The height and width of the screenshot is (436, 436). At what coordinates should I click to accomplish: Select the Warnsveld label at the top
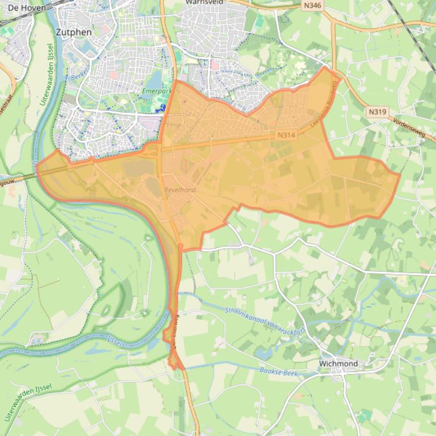[204, 2]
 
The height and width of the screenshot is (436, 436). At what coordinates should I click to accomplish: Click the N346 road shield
[312, 6]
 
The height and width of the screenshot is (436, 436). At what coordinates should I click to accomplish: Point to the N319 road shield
[377, 112]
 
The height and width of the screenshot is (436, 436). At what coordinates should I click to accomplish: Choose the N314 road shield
[287, 135]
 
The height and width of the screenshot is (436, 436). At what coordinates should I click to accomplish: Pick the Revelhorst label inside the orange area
[181, 190]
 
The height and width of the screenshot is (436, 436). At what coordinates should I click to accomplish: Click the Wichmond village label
[338, 363]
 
